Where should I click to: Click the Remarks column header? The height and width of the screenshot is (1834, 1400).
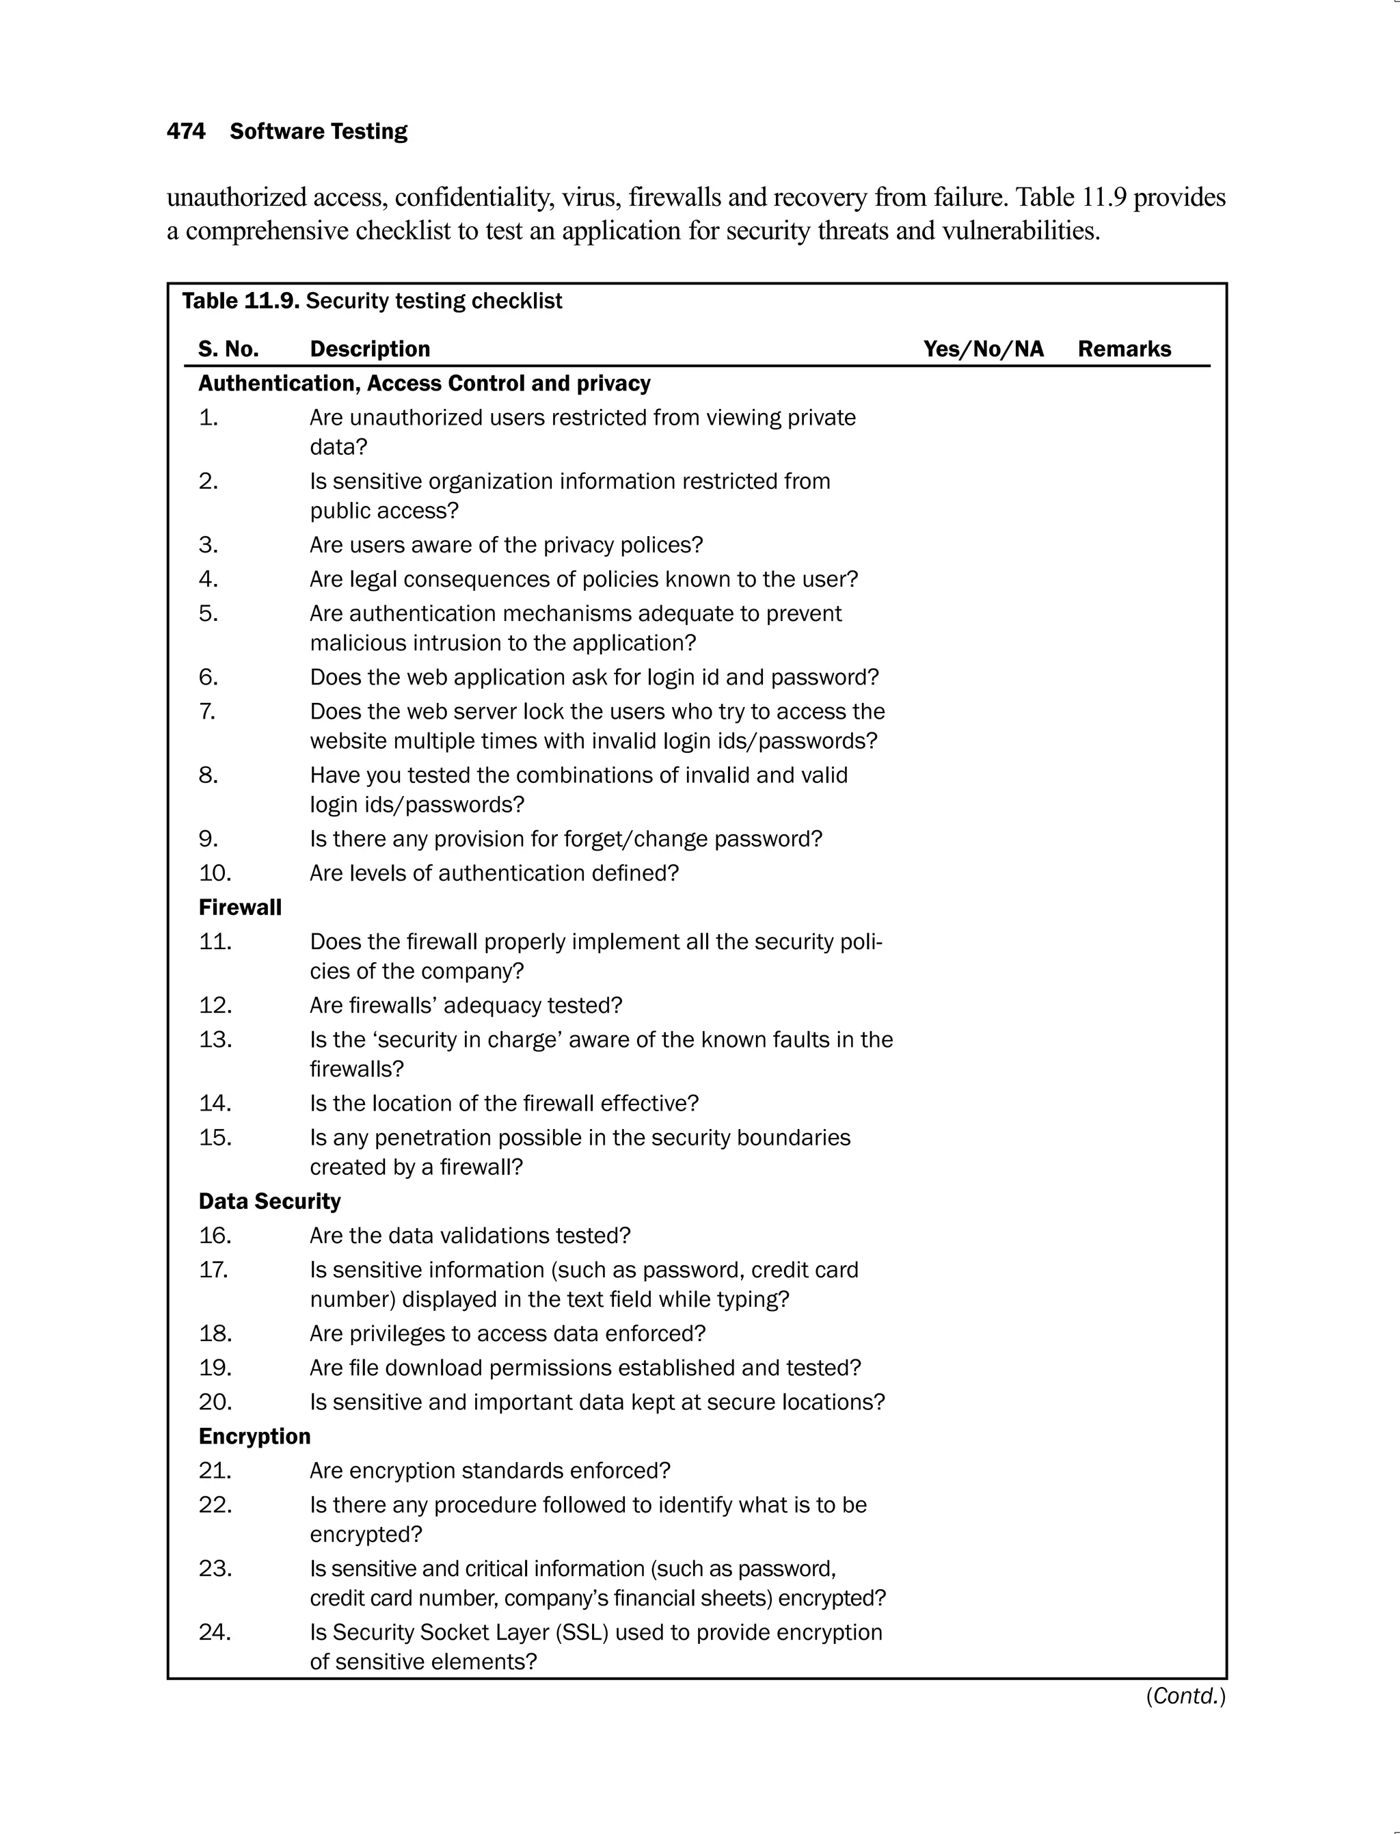pos(1123,349)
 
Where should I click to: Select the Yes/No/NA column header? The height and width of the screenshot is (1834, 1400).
pos(982,349)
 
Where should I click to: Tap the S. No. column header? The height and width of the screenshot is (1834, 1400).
pos(228,349)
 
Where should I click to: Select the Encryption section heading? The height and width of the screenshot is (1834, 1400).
pos(254,1435)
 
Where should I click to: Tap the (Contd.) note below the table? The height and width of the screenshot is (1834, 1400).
pos(1185,1696)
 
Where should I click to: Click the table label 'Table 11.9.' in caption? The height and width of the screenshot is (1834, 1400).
pos(240,301)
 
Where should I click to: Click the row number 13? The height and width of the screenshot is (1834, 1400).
pos(215,1039)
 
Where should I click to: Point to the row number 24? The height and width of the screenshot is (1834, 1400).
pos(215,1632)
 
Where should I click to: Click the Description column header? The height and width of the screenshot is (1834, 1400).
pos(370,349)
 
